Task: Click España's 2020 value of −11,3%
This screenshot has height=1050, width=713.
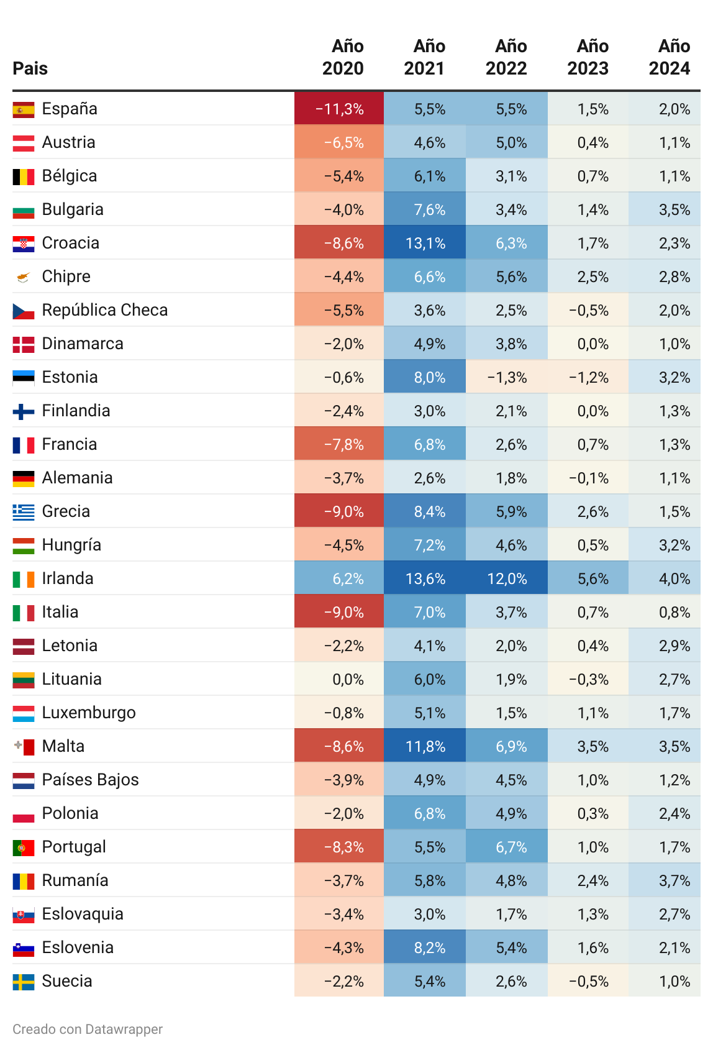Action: (339, 109)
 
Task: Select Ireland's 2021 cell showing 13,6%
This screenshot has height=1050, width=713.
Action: (425, 578)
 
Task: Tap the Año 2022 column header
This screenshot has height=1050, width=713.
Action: (506, 57)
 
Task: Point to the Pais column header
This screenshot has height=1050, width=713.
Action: (30, 68)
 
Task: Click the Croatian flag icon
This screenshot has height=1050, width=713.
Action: (24, 244)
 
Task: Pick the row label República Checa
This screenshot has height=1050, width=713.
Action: (104, 310)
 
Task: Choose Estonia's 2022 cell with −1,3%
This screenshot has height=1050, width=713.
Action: (506, 377)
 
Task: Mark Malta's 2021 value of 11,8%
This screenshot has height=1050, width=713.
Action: (425, 746)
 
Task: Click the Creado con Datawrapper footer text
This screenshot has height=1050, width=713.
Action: (88, 1029)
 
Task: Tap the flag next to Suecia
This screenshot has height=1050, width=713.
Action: (24, 982)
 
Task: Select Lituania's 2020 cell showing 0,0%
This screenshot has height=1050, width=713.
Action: (339, 679)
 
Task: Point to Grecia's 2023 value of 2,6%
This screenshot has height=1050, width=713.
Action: (588, 511)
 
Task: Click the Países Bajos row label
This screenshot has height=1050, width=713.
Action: (91, 780)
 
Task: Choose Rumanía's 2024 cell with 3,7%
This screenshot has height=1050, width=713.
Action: (665, 880)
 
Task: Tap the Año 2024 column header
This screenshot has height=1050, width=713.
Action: (670, 57)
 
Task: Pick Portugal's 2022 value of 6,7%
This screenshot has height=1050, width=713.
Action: (506, 847)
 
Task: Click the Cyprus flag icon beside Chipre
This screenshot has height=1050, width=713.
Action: (24, 278)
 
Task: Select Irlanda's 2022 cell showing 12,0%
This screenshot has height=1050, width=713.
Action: (506, 578)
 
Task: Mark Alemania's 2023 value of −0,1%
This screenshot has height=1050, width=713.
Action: (588, 478)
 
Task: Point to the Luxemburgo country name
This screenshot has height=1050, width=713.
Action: (89, 713)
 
